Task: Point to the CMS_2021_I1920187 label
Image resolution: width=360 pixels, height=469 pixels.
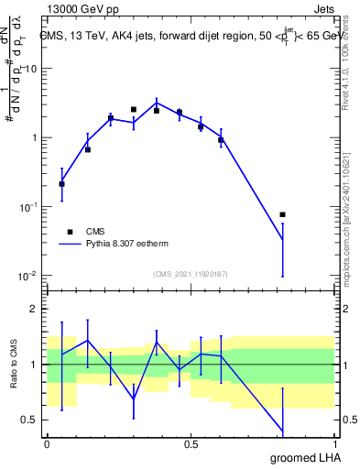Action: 190,273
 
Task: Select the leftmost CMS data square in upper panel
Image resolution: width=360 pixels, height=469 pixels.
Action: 61,184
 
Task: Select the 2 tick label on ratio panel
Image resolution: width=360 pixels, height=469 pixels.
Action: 36,309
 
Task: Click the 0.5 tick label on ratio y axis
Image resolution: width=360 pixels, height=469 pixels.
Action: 31,420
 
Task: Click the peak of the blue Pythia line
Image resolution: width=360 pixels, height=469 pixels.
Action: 157,102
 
